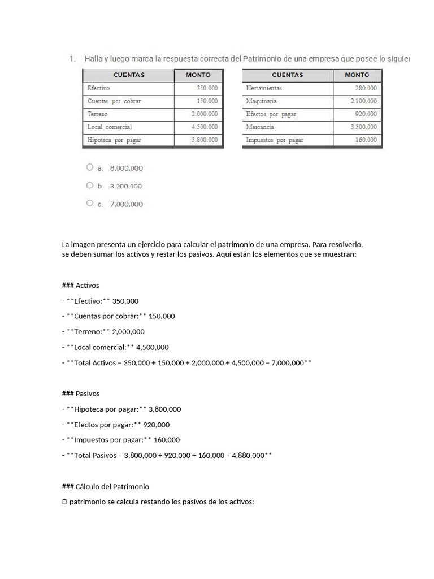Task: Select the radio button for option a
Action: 90,167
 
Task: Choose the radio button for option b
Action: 90,185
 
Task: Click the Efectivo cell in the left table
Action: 99,88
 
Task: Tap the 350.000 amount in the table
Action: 207,88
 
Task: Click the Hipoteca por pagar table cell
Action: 115,140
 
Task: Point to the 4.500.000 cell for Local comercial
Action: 205,127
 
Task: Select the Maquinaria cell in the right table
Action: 262,101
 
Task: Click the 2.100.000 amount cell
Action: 363,101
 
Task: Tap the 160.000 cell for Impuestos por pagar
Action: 366,140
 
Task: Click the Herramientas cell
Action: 264,88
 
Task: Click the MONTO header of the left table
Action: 198,75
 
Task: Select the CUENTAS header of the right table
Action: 287,75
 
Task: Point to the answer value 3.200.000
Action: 126,186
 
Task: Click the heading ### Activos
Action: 80,286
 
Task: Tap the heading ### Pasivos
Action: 80,394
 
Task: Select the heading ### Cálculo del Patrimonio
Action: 105,486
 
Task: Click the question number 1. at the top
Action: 72,59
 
